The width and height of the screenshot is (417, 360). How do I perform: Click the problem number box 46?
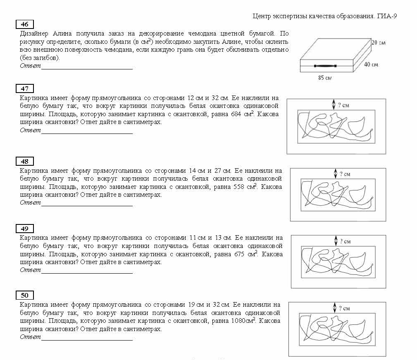pyautogui.click(x=24, y=24)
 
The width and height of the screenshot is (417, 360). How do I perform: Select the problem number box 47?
pyautogui.click(x=24, y=88)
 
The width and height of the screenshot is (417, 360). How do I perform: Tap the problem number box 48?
pyautogui.click(x=24, y=161)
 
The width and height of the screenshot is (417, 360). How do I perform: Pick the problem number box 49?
pyautogui.click(x=24, y=229)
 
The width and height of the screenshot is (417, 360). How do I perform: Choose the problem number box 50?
pyautogui.click(x=24, y=295)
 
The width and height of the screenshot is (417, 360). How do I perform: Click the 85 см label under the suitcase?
pyautogui.click(x=324, y=78)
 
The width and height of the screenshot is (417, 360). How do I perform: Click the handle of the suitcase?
pyautogui.click(x=325, y=66)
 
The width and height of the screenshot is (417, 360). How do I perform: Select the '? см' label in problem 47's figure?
pyautogui.click(x=343, y=105)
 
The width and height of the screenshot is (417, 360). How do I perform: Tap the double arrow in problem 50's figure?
pyautogui.click(x=334, y=308)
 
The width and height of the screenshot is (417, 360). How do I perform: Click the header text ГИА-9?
pyautogui.click(x=388, y=17)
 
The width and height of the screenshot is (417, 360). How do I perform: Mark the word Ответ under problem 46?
pyautogui.click(x=30, y=66)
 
